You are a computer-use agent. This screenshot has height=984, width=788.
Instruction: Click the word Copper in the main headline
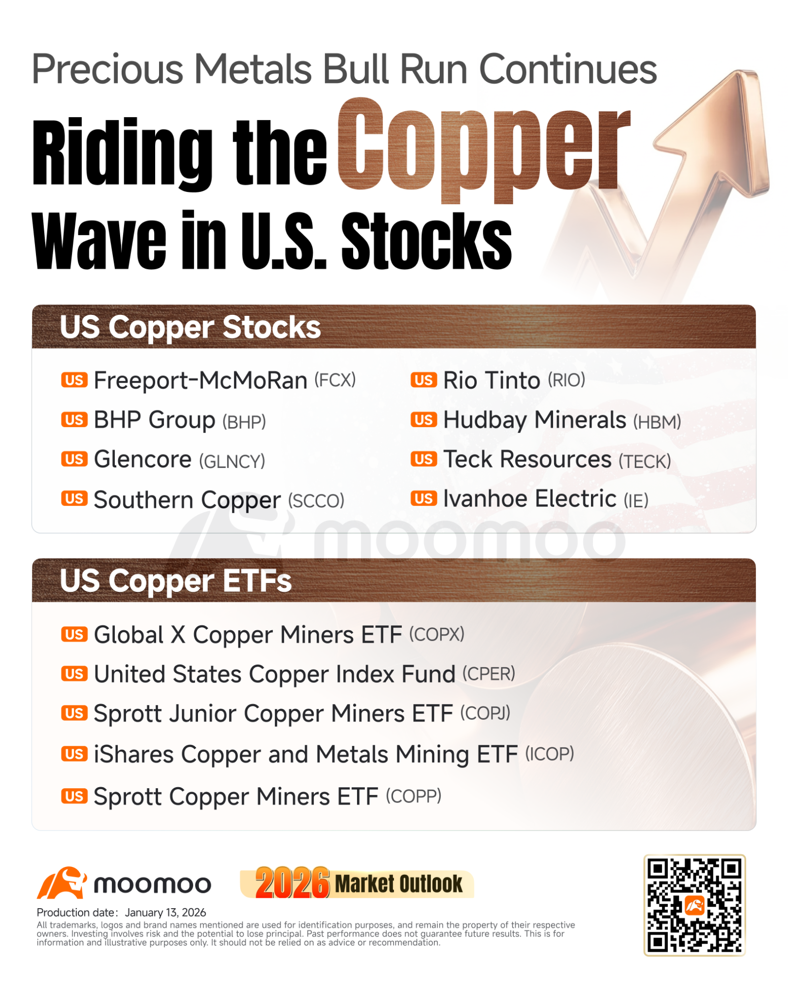tap(484, 150)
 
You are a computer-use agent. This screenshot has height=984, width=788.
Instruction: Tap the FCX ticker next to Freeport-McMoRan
tap(335, 380)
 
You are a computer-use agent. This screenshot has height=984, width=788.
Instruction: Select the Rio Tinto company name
tap(492, 380)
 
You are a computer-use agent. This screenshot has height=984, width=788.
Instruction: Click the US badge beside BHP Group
tap(74, 420)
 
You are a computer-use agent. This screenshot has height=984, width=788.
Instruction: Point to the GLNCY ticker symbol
tap(232, 461)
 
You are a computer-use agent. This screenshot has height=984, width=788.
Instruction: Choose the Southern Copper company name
tap(187, 500)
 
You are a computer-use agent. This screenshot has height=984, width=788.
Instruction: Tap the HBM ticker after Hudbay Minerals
tap(657, 422)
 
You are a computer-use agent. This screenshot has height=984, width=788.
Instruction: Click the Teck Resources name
tap(527, 460)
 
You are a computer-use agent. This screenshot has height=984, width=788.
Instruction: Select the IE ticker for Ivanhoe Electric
tap(636, 501)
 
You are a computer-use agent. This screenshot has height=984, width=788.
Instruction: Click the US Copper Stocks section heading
tap(190, 327)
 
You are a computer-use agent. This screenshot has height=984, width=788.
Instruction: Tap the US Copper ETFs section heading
tap(176, 581)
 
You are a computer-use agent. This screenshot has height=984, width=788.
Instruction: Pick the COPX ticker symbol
tap(437, 634)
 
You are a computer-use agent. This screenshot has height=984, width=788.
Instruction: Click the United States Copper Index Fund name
tap(275, 674)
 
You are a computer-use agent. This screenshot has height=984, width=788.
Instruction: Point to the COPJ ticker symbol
tap(485, 713)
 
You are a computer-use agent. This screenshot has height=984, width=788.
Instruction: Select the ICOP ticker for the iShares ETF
tap(550, 753)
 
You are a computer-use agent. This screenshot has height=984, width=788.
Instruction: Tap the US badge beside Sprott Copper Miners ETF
tap(74, 796)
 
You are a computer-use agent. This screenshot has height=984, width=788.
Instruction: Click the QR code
tap(694, 905)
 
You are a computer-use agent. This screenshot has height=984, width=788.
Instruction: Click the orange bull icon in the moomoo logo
tap(62, 883)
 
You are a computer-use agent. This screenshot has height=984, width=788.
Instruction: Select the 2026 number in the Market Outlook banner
tap(292, 883)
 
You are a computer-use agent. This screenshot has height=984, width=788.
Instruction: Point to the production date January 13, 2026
tap(165, 913)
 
